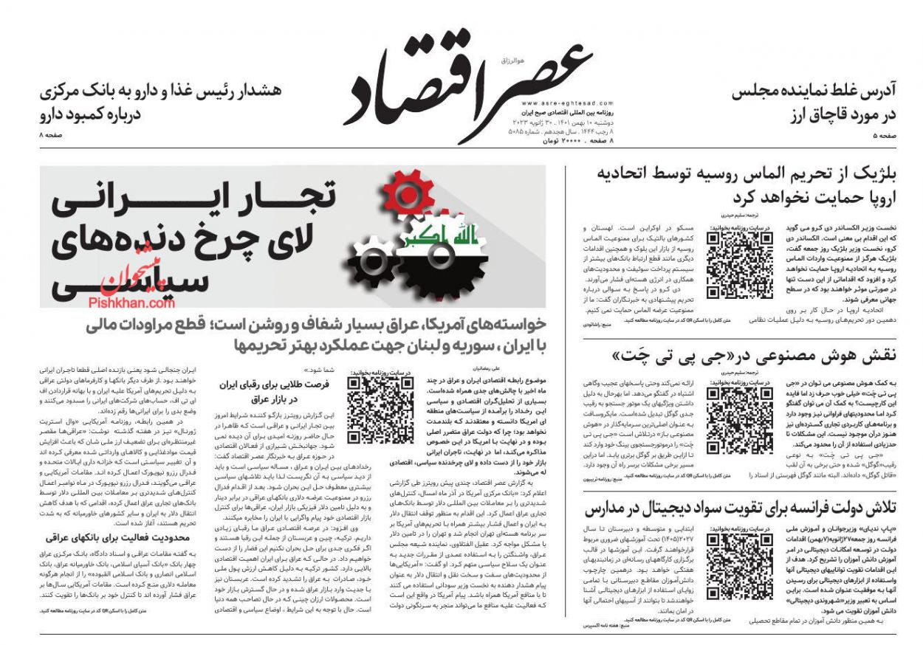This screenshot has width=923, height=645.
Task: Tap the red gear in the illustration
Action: point(408,194)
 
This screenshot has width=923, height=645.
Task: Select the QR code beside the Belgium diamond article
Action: point(739,265)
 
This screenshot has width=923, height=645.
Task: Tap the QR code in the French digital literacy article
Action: point(739,565)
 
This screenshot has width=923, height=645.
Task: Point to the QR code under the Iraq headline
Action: point(380,410)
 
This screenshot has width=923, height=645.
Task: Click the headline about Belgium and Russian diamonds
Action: point(746,186)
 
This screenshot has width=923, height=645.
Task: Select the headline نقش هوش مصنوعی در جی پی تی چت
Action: point(753,356)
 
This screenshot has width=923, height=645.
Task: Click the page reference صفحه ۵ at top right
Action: point(885,137)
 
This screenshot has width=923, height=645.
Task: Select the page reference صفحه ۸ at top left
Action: point(52,137)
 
